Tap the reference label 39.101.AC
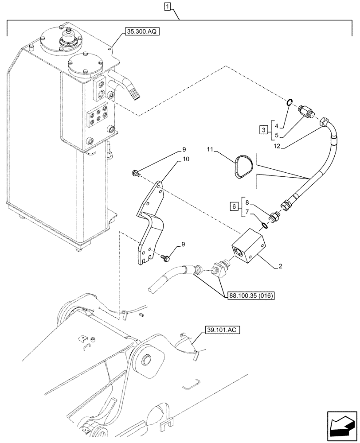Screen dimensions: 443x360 pos(220,330)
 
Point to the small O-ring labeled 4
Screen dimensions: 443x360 pos(288,103)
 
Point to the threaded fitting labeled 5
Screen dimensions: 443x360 pos(307,113)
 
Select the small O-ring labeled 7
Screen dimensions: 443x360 pos(265,226)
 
